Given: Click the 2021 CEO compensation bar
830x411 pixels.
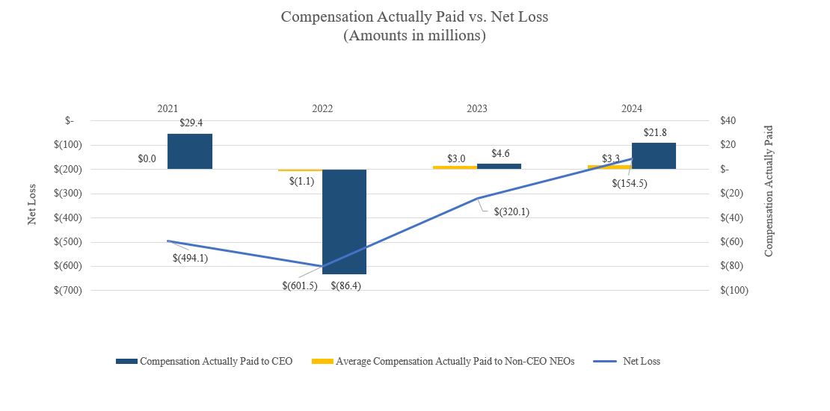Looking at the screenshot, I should (x=189, y=151).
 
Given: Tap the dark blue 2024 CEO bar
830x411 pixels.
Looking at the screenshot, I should (x=659, y=155).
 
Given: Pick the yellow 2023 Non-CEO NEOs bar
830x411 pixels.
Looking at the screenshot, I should (x=455, y=167).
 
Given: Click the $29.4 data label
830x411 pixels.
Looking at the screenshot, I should (x=191, y=123).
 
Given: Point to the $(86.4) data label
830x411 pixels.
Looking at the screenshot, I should (x=345, y=285).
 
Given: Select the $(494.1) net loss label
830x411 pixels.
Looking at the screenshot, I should (x=191, y=259).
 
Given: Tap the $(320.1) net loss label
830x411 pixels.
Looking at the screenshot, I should (x=511, y=211).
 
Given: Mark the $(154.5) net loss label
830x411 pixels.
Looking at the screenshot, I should (x=630, y=183).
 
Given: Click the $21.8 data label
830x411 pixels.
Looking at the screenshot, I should (x=655, y=132).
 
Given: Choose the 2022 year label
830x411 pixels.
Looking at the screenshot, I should (x=322, y=108).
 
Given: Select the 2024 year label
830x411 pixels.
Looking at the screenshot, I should (x=632, y=108).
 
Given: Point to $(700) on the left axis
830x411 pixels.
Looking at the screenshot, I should (x=67, y=290).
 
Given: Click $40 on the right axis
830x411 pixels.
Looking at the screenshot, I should (x=728, y=120).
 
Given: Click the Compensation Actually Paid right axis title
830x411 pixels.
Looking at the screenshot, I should (x=768, y=191).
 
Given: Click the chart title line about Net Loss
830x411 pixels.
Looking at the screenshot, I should (x=414, y=16).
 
